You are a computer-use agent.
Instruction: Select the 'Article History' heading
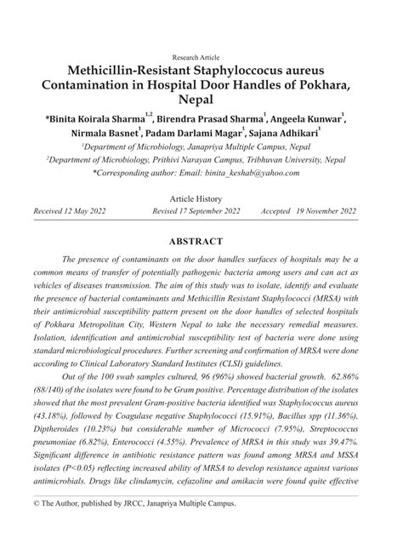[x=201, y=197]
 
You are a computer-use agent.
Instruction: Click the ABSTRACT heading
[x=201, y=241]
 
